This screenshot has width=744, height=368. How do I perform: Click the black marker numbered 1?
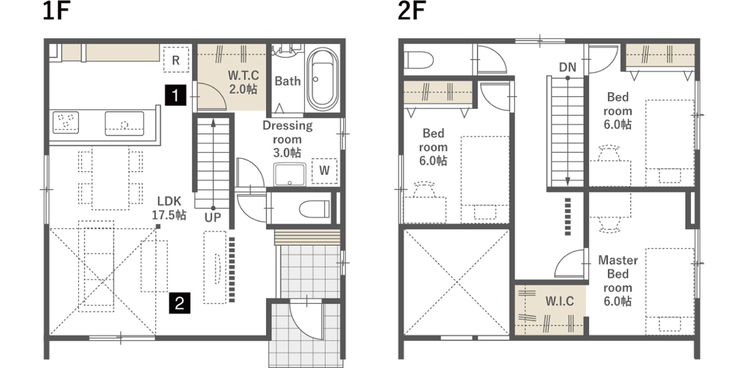(176, 95)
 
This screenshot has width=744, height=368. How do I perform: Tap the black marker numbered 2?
(180, 303)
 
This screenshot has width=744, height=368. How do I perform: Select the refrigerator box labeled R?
(176, 60)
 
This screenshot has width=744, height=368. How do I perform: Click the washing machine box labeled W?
(324, 171)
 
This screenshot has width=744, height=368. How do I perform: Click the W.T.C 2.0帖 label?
(244, 82)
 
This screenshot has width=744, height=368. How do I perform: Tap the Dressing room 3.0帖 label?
(288, 139)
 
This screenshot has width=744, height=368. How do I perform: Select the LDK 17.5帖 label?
(169, 208)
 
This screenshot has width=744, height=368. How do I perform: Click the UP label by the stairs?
(213, 218)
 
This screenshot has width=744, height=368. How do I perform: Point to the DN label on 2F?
(567, 68)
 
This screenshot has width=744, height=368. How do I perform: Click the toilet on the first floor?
(314, 209)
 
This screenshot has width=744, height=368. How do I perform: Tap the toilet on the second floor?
(419, 60)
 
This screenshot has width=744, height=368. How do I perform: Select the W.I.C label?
(559, 301)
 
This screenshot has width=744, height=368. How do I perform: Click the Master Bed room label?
(618, 274)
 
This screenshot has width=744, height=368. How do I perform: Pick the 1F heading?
(57, 10)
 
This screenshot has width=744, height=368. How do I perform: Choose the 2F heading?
(412, 10)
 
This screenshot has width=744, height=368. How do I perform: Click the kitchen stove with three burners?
(66, 122)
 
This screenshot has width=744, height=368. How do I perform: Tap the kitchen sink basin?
(124, 123)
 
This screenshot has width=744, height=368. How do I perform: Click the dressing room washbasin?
(290, 174)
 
